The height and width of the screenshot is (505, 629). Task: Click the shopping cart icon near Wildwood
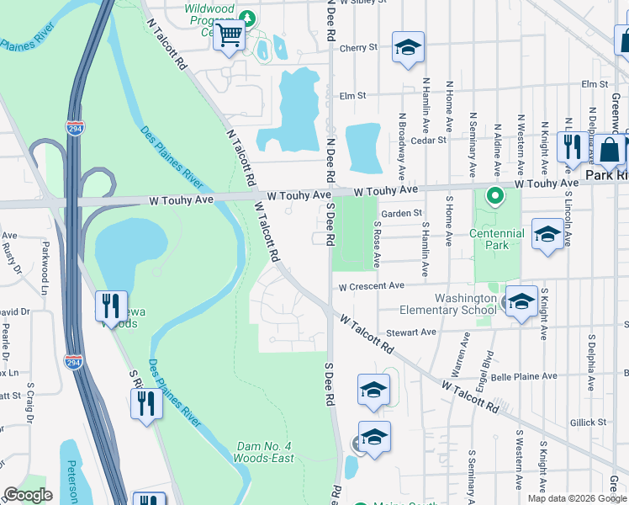tap(229, 36)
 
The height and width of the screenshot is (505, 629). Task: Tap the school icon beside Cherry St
tap(408, 48)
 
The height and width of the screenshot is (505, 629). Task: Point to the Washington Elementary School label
tap(465, 304)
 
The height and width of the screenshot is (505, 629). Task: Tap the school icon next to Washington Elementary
tap(521, 302)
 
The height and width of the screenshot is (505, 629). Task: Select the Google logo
tap(28, 495)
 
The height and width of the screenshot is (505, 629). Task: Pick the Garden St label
tap(401, 214)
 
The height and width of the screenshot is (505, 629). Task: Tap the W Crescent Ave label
tap(372, 287)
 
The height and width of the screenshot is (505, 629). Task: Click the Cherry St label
tap(358, 48)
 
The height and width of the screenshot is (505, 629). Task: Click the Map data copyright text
tap(577, 498)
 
